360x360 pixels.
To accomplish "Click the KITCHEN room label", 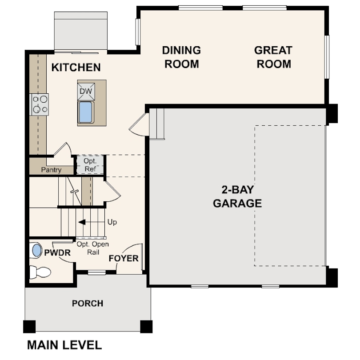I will pyautogui.click(x=76, y=68).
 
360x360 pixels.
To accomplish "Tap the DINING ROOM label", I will pyautogui.click(x=181, y=57).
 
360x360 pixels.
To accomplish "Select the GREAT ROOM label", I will pyautogui.click(x=273, y=57).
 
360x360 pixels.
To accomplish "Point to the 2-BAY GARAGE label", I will pyautogui.click(x=237, y=197).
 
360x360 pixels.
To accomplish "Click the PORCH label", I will pyautogui.click(x=88, y=304).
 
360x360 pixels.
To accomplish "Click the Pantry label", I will pyautogui.click(x=51, y=170).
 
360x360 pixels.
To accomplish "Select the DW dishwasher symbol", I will pyautogui.click(x=86, y=92).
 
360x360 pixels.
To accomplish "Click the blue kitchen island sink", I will pyautogui.click(x=85, y=112).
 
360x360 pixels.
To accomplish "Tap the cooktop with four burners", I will pyautogui.click(x=39, y=104).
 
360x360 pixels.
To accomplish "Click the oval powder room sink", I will pyautogui.click(x=36, y=250).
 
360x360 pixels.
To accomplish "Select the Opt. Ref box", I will pyautogui.click(x=90, y=164).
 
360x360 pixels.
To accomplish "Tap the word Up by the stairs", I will pyautogui.click(x=112, y=222).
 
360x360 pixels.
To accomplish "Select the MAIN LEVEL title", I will pyautogui.click(x=64, y=344).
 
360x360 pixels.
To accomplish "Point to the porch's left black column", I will pyautogui.click(x=30, y=326).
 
